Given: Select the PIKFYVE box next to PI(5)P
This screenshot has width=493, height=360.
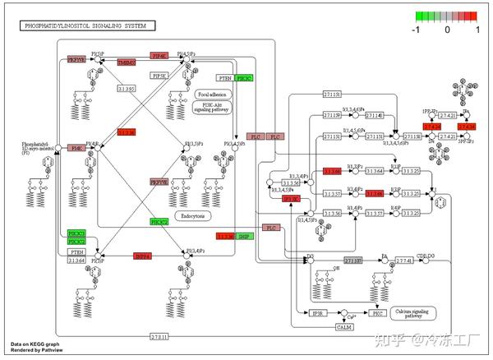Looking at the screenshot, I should (x=76, y=60).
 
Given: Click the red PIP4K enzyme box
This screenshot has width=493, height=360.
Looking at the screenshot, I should (x=159, y=56).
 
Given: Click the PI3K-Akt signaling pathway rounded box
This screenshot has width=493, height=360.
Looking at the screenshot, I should (x=213, y=107).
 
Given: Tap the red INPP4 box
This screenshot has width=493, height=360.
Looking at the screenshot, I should (x=143, y=256).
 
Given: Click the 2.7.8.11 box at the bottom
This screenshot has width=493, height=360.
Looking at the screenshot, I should (x=159, y=337).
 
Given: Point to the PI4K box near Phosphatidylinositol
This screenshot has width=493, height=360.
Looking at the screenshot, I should (x=76, y=149).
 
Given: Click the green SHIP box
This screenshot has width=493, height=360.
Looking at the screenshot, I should (x=245, y=237).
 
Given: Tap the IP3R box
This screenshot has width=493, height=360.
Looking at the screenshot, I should (x=318, y=313).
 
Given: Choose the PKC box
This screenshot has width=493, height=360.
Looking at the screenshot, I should (x=377, y=313).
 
